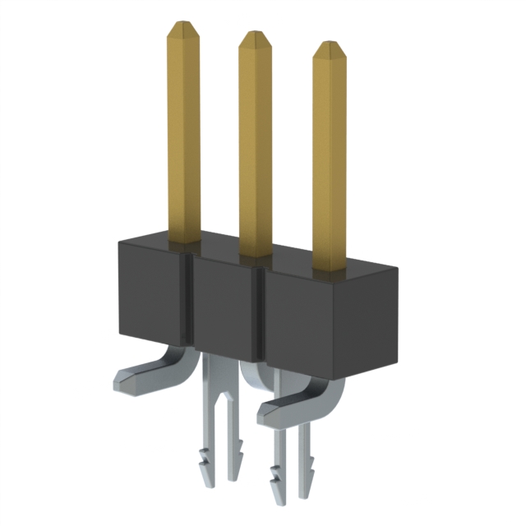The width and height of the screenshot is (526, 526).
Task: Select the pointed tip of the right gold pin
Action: coord(330,46)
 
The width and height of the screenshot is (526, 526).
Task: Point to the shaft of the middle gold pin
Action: coord(256,148)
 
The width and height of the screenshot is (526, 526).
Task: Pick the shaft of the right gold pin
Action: coord(330,156)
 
